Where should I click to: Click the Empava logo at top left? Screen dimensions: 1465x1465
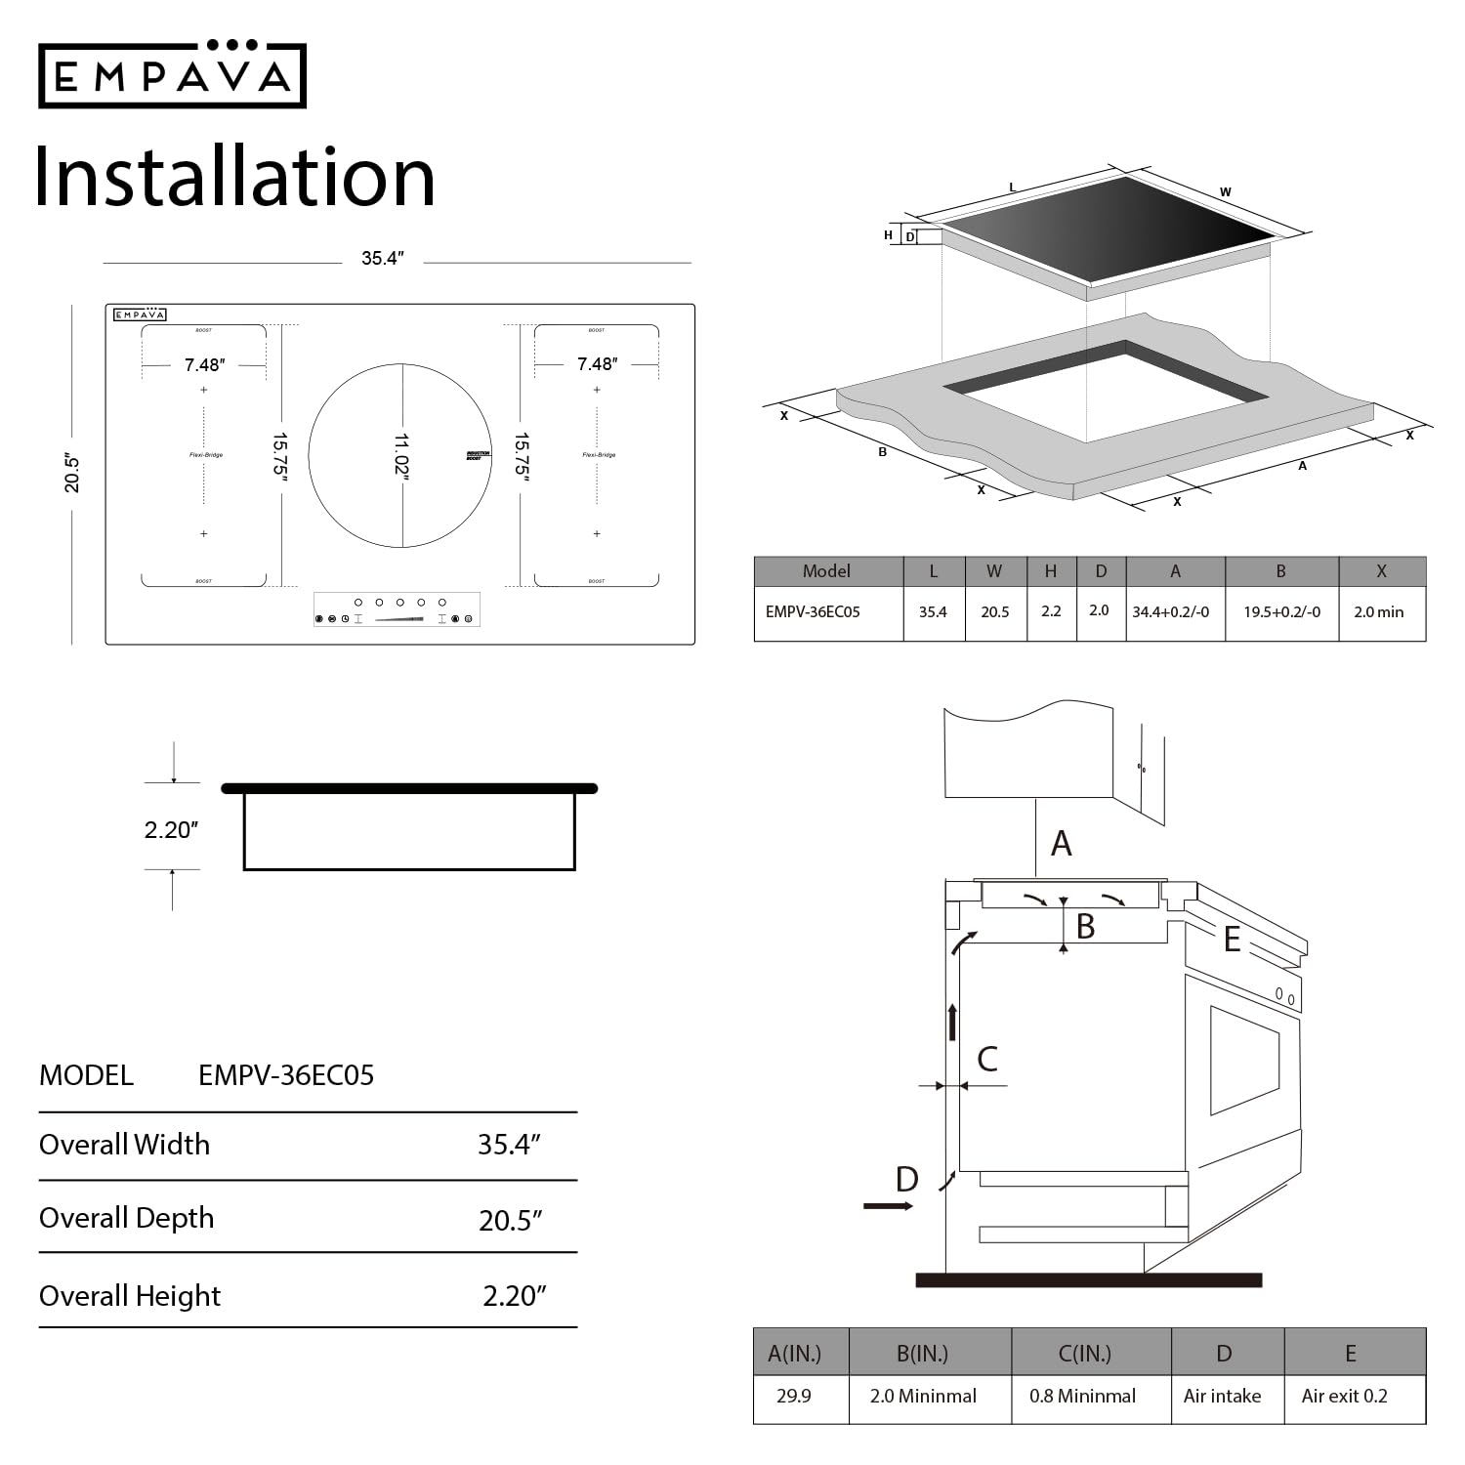172,75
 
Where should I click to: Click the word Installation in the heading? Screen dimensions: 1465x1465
234,177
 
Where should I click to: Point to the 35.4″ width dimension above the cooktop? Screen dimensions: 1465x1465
382,259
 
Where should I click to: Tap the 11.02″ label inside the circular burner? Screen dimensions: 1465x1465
401,456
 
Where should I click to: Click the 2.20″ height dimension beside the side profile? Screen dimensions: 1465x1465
171,830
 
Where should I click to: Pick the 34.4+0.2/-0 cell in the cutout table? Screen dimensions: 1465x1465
1170,612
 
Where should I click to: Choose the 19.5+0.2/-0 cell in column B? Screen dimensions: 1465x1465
1281,612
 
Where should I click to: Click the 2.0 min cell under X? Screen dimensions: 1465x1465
1378,612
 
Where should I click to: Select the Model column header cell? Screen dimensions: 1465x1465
826,571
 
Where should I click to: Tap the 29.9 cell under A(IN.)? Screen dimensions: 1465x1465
793,1396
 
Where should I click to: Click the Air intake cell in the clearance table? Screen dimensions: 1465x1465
1222,1396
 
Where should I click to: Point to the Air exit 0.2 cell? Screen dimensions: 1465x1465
1344,1396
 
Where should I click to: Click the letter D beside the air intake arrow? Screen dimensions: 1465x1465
906,1180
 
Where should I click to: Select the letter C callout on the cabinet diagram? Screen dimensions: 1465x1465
987,1059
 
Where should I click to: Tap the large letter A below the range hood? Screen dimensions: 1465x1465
1062,844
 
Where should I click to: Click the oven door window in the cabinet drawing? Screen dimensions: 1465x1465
1243,1060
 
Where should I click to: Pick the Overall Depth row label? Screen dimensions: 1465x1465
127,1218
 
